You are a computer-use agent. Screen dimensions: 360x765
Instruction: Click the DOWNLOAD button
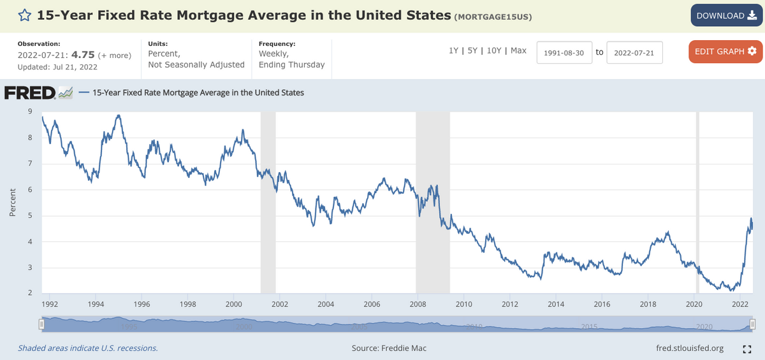pyautogui.click(x=726, y=16)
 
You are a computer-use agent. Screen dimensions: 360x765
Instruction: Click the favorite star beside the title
pyautogui.click(x=24, y=15)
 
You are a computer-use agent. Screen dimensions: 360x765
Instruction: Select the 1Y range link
pyautogui.click(x=454, y=50)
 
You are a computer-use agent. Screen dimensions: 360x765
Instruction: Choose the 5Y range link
pyautogui.click(x=473, y=50)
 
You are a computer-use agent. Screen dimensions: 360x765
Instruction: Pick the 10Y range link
pyautogui.click(x=494, y=50)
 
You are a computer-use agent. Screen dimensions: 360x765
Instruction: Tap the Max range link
pyautogui.click(x=518, y=50)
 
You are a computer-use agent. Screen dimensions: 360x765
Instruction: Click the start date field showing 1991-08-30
pyautogui.click(x=564, y=52)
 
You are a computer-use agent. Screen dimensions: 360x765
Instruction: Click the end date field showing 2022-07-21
pyautogui.click(x=634, y=52)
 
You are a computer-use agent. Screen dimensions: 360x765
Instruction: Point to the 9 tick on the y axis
pyautogui.click(x=30, y=112)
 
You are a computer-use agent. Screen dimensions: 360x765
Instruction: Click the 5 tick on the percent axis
pyautogui.click(x=30, y=215)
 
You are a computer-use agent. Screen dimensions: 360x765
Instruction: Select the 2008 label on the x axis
pyautogui.click(x=417, y=304)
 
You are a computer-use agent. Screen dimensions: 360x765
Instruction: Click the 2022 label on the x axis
pyautogui.click(x=740, y=304)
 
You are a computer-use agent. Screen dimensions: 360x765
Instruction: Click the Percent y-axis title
pyautogui.click(x=13, y=202)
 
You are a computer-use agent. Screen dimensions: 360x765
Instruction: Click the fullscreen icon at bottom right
pyautogui.click(x=747, y=349)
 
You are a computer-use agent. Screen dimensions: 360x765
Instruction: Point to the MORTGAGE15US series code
pyautogui.click(x=493, y=16)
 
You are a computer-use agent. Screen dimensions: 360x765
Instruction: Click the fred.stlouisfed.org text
pyautogui.click(x=690, y=348)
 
